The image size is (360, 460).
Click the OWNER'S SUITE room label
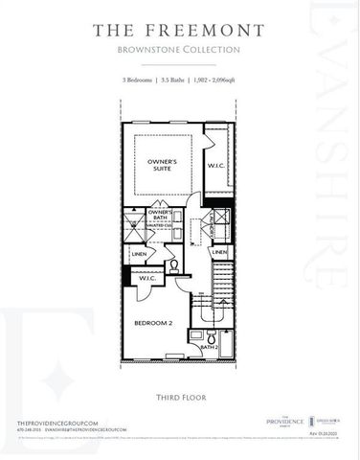169,165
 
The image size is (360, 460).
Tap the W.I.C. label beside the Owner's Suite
217,165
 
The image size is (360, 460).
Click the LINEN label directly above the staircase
219,252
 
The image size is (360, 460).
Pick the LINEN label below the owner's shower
140,253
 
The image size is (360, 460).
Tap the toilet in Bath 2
196,337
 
